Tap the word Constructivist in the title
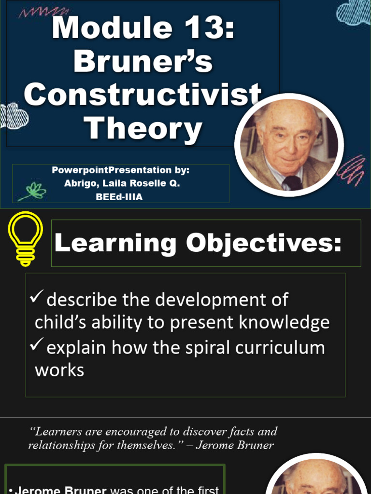click(x=143, y=95)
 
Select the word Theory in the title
click(x=143, y=128)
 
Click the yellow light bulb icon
click(x=25, y=238)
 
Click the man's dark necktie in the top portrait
click(x=292, y=182)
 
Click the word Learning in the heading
click(x=115, y=244)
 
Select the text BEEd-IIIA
click(x=119, y=197)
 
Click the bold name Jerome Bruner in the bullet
click(x=60, y=490)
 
